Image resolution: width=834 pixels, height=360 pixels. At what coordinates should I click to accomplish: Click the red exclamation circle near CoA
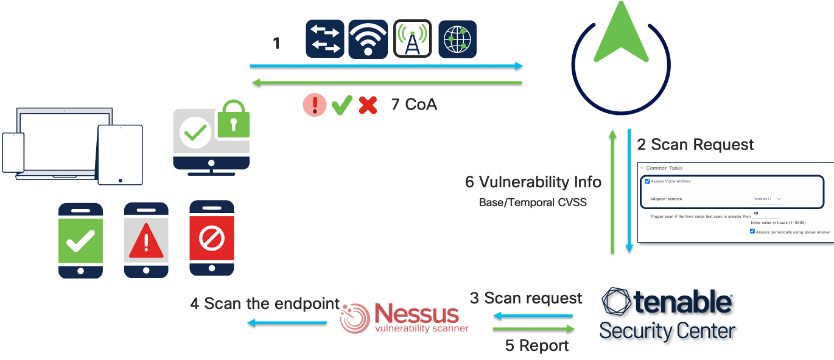coord(316,104)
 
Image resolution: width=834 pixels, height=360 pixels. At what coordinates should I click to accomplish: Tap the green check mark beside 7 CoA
coord(342,104)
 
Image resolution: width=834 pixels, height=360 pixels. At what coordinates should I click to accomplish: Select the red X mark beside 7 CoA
coord(368,104)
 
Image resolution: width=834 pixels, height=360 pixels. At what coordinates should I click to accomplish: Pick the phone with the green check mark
coord(81,239)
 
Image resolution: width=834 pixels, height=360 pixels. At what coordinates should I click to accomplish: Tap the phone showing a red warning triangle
coord(145,239)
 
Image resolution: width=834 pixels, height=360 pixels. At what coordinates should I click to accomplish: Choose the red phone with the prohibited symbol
coord(210,239)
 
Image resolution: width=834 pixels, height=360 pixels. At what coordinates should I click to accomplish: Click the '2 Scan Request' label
coord(695,145)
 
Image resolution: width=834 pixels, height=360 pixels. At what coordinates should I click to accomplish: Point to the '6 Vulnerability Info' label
coord(533,182)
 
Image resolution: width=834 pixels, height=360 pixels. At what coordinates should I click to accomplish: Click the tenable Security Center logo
coord(668,314)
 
